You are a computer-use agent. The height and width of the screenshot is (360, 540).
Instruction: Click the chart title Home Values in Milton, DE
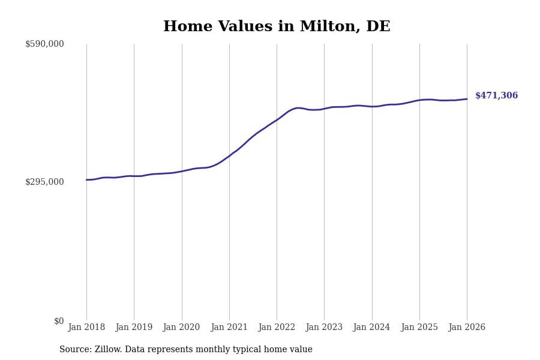click(x=277, y=27)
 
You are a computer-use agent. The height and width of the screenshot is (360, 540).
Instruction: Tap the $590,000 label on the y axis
click(x=44, y=44)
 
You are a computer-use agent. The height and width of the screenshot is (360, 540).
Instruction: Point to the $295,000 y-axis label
click(x=44, y=182)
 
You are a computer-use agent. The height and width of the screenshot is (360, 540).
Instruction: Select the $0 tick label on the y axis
click(x=59, y=321)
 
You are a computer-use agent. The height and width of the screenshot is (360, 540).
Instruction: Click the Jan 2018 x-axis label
click(x=86, y=328)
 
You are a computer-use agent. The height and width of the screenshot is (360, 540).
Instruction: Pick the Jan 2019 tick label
click(x=134, y=328)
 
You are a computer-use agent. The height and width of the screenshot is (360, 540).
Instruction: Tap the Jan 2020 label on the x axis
click(x=181, y=328)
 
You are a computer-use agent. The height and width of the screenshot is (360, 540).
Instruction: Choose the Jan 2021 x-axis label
click(x=229, y=328)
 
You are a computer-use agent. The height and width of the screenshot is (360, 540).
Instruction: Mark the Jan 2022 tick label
click(x=277, y=328)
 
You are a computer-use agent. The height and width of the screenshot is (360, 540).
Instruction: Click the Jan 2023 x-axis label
click(x=324, y=328)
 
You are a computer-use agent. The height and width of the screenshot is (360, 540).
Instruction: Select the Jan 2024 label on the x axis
click(x=371, y=328)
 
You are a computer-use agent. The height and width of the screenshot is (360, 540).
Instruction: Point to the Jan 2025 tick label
click(x=419, y=328)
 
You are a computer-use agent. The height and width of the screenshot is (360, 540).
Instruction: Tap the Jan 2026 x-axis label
click(x=467, y=328)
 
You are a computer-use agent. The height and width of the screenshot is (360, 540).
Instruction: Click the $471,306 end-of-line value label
click(x=496, y=96)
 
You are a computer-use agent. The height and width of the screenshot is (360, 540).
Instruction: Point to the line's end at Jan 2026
click(x=467, y=99)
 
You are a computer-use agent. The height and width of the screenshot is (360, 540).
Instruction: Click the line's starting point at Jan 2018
click(x=86, y=179)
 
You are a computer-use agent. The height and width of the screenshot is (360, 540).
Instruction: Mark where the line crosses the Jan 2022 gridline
click(x=277, y=119)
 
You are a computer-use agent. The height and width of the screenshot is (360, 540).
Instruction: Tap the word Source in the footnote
click(x=75, y=350)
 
